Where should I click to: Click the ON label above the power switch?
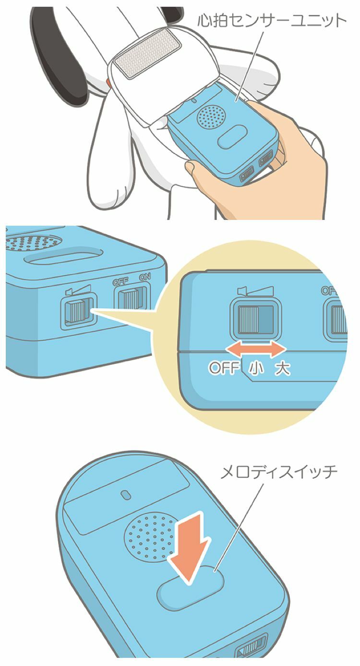click(145, 277)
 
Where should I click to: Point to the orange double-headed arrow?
click(257, 349)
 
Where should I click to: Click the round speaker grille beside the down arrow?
click(149, 538)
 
